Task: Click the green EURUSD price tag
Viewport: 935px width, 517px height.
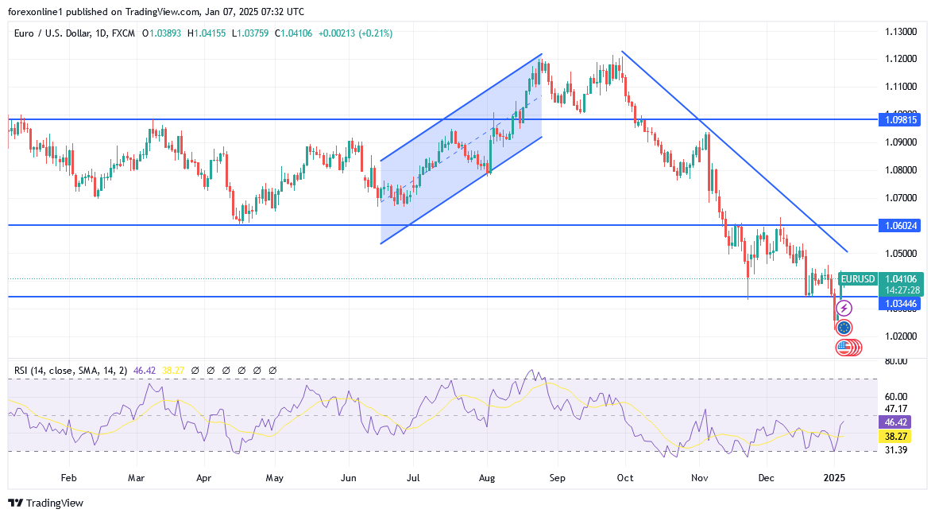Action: (858, 279)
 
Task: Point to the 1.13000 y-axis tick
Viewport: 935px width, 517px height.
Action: (901, 32)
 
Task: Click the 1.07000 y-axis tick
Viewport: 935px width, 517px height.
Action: (901, 197)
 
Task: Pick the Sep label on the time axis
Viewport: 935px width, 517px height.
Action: (557, 478)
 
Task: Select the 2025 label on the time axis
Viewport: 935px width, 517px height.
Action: (834, 478)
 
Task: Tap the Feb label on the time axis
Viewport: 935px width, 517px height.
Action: (68, 478)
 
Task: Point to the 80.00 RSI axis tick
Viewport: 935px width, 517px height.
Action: (896, 361)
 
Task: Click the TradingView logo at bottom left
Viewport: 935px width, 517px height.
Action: (45, 503)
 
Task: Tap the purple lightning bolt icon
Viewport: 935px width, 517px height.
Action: (845, 308)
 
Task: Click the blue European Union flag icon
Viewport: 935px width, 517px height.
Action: (844, 327)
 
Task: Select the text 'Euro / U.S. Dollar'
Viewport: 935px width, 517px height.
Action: (52, 33)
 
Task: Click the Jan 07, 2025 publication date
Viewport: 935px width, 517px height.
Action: (241, 12)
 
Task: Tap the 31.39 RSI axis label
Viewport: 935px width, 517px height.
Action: (896, 450)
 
